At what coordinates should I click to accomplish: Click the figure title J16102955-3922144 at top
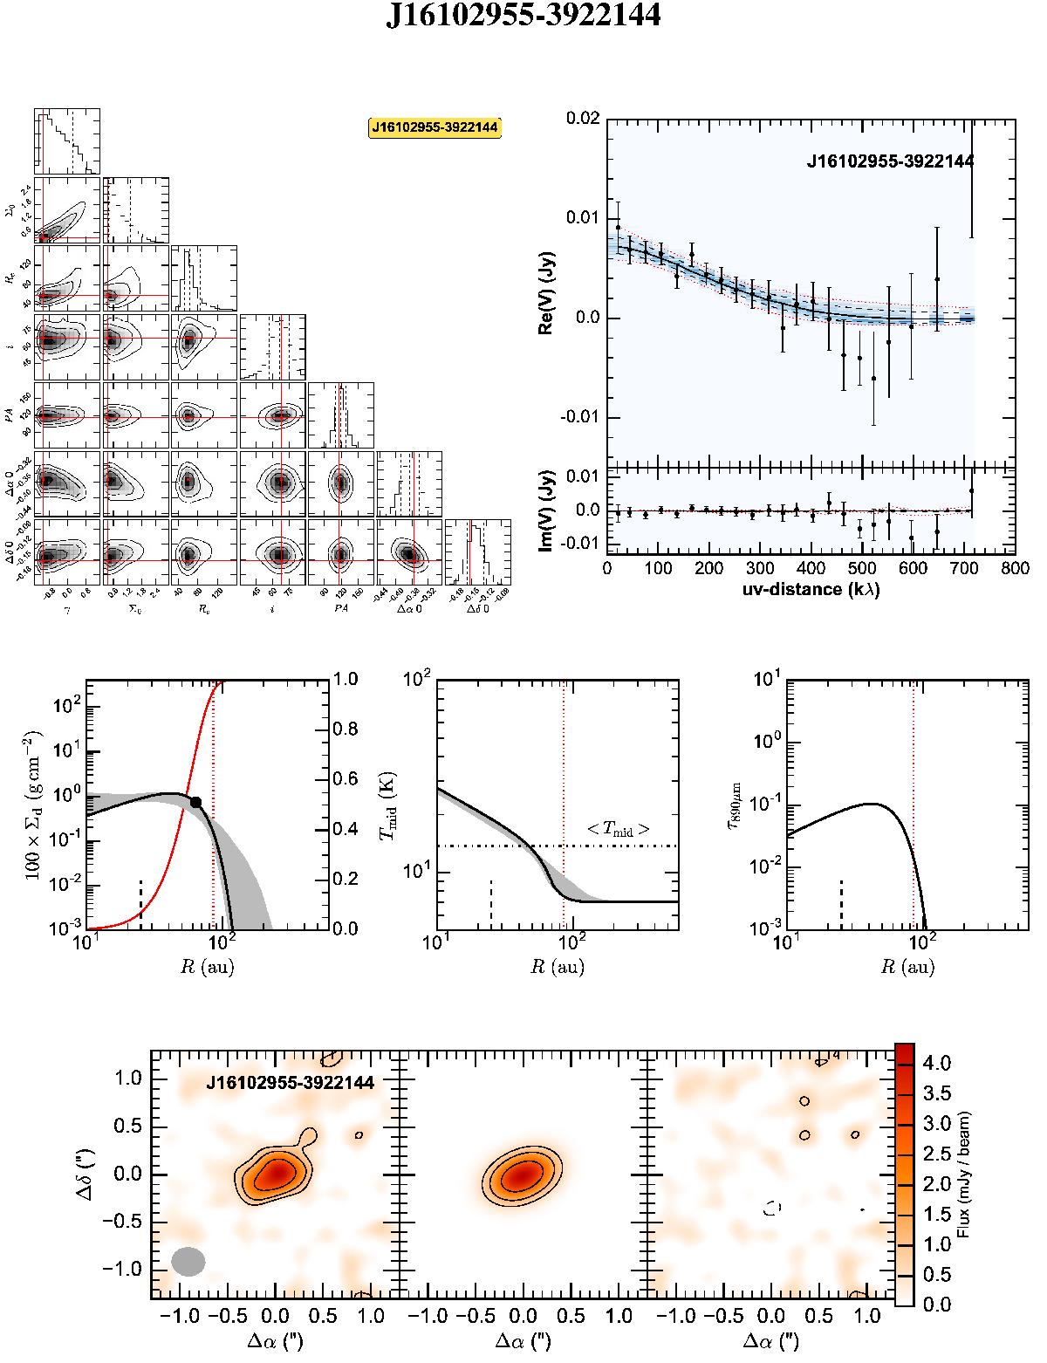point(523,18)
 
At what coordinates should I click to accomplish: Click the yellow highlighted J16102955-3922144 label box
point(435,127)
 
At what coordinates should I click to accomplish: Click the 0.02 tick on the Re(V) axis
point(582,118)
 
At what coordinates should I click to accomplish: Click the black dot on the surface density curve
point(196,802)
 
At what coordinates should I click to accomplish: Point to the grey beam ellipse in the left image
point(188,1261)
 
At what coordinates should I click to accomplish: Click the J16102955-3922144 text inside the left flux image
point(291,1083)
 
